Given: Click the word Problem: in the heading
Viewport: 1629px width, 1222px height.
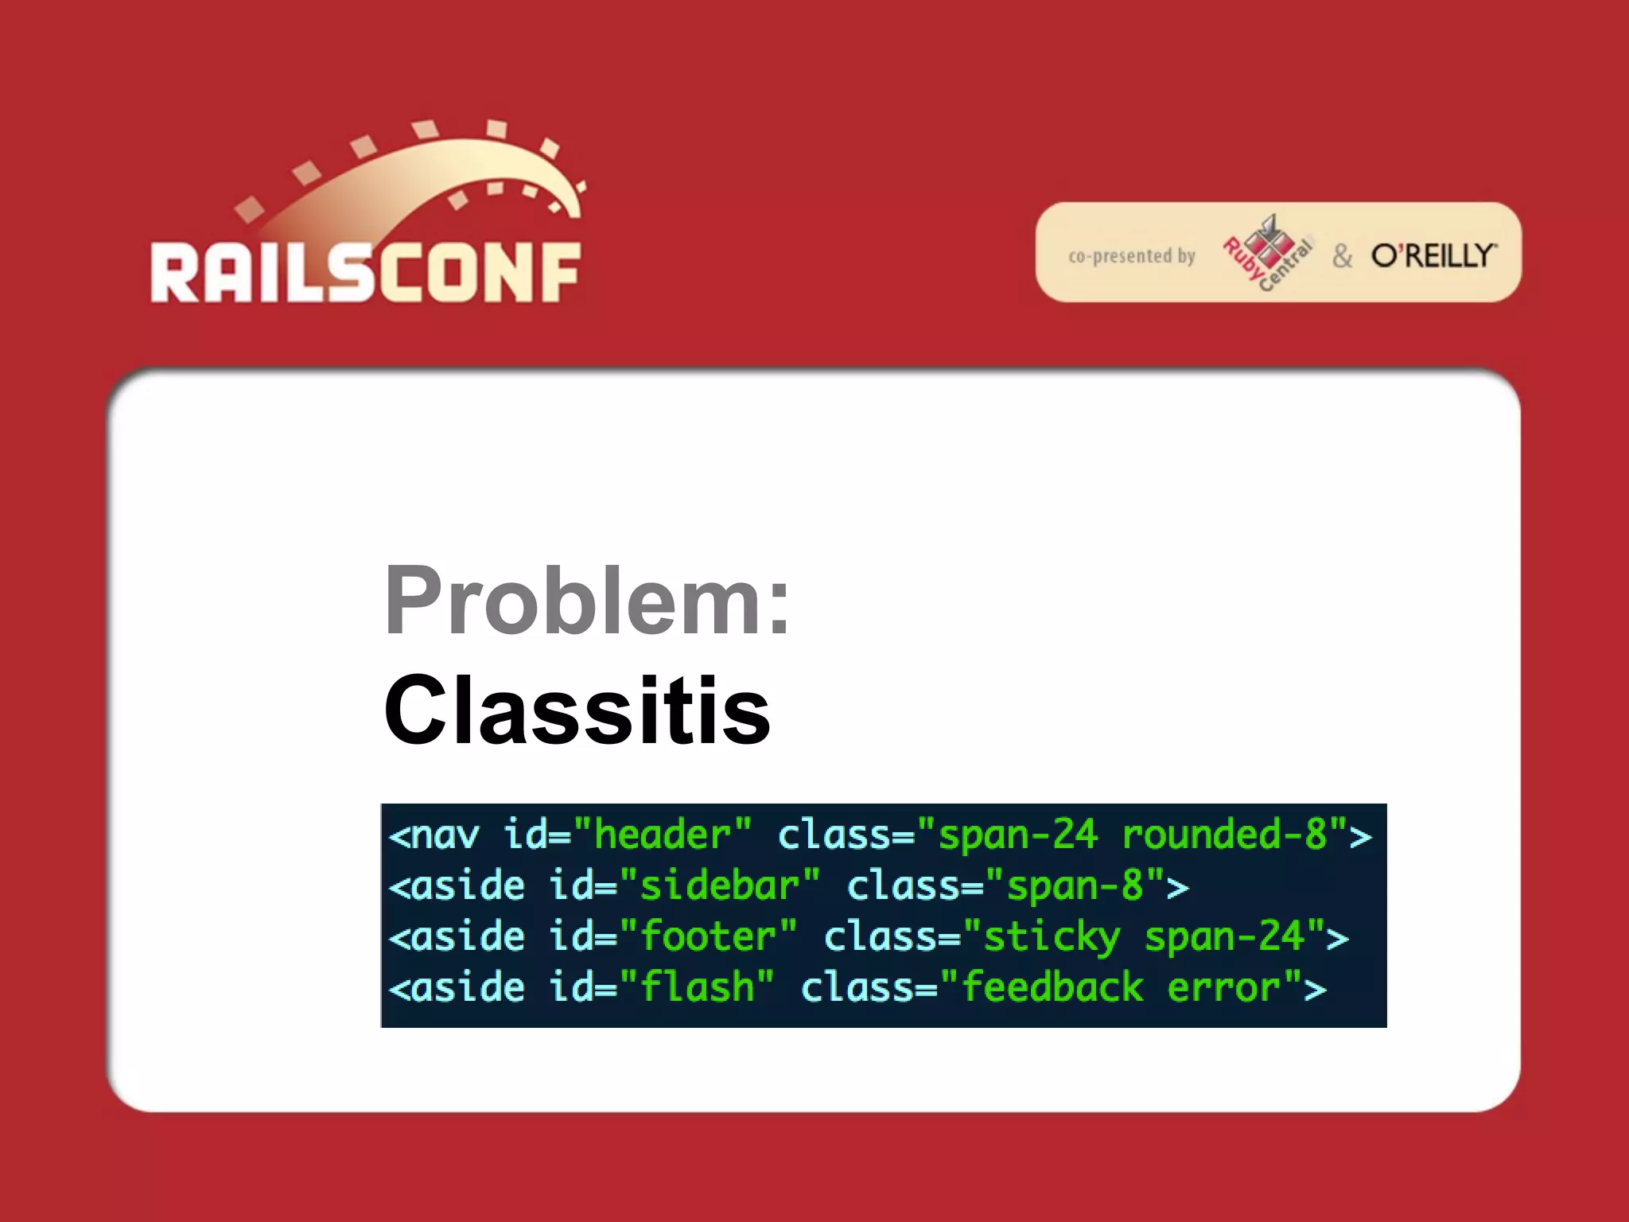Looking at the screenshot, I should pyautogui.click(x=587, y=601).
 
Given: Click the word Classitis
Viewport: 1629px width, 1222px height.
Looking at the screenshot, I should pyautogui.click(x=577, y=710).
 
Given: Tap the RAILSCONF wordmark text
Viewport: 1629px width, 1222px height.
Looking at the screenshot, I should pyautogui.click(x=366, y=273).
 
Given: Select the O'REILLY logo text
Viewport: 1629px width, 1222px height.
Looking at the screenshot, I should pyautogui.click(x=1433, y=256).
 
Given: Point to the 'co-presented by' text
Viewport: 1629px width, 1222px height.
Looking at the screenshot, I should pyautogui.click(x=1131, y=256).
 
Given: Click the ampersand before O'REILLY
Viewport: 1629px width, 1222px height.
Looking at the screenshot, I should pyautogui.click(x=1343, y=256).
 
